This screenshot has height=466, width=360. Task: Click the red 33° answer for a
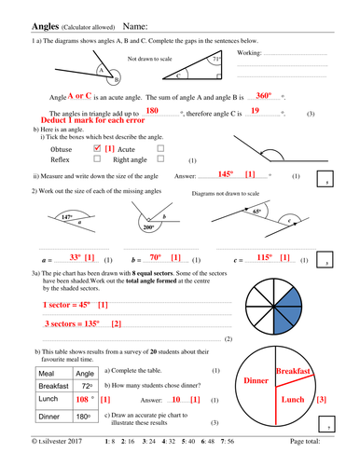point(76,257)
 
